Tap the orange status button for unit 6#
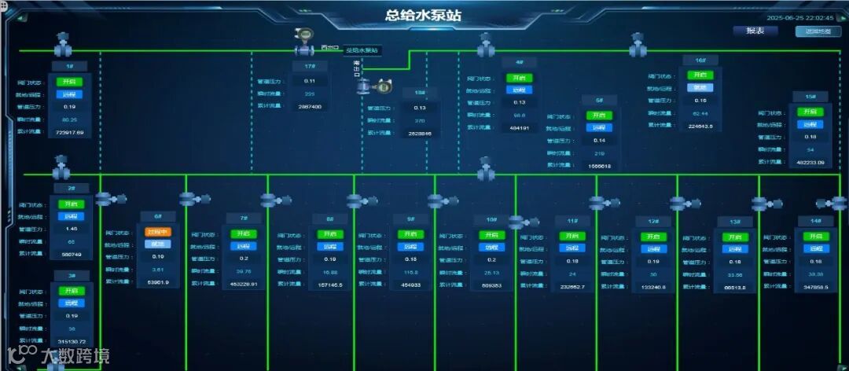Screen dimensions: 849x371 pyautogui.click(x=157, y=232)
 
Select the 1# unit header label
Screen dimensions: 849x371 pyautogui.click(x=70, y=66)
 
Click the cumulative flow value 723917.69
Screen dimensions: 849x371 pyautogui.click(x=70, y=132)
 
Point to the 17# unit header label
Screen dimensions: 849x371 pyautogui.click(x=310, y=66)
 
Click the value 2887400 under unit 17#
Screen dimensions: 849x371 pyautogui.click(x=310, y=107)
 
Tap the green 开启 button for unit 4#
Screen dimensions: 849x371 pyautogui.click(x=519, y=78)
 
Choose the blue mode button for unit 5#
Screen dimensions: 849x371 pyautogui.click(x=599, y=127)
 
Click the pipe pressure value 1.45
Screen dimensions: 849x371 pyautogui.click(x=71, y=229)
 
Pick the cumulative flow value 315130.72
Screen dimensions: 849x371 pyautogui.click(x=72, y=342)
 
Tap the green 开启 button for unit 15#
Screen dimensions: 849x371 pyautogui.click(x=810, y=112)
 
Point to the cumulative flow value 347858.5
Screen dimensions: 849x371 pyautogui.click(x=816, y=288)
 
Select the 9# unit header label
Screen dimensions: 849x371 pyautogui.click(x=410, y=219)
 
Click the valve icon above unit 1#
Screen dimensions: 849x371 pyautogui.click(x=63, y=41)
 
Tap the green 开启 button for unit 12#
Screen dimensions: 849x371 pyautogui.click(x=652, y=237)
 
